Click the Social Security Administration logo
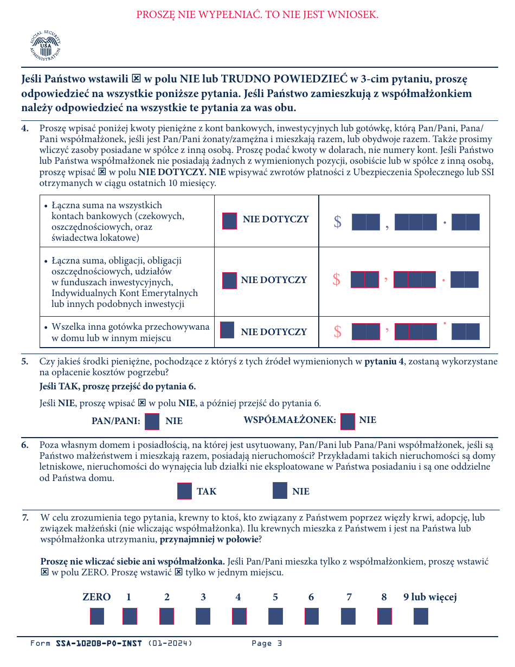(46, 46)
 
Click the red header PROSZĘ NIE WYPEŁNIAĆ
(257, 15)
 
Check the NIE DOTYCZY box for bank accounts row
(229, 221)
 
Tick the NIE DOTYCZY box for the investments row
(229, 280)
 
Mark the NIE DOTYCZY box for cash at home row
(227, 330)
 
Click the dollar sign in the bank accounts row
(337, 222)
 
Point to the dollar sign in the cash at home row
(337, 332)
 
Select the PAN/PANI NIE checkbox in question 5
(152, 421)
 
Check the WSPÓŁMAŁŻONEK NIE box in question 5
(347, 421)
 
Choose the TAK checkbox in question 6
(184, 491)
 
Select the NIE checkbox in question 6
(280, 491)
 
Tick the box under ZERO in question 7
(97, 616)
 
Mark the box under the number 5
(275, 616)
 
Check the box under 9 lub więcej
(421, 616)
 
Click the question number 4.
(25, 129)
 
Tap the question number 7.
(25, 518)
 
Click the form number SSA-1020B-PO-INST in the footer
(99, 644)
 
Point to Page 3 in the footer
(267, 644)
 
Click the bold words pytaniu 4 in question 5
(384, 362)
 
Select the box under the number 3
(203, 616)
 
